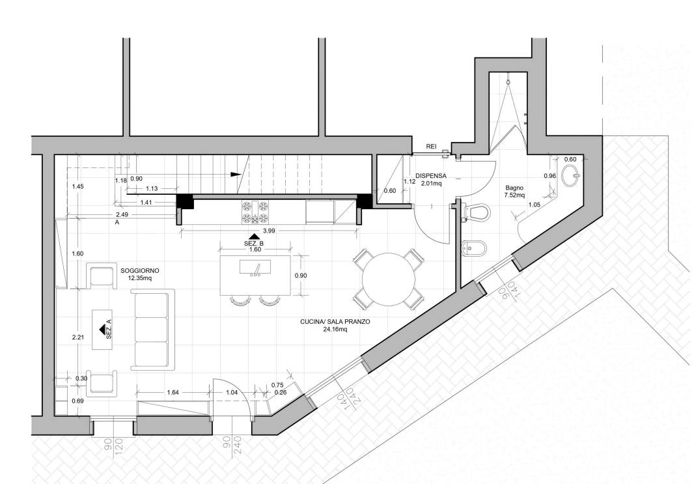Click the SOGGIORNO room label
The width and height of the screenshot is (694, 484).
(x=140, y=270)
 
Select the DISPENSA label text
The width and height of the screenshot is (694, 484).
(x=430, y=176)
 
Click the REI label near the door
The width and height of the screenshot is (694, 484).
(x=432, y=147)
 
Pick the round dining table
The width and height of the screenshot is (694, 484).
(x=389, y=279)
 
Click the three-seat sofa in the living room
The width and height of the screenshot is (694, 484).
(x=152, y=330)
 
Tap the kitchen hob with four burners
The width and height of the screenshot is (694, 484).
(x=255, y=212)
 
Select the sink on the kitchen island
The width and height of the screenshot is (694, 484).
(x=255, y=268)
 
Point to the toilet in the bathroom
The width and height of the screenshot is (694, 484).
(x=477, y=212)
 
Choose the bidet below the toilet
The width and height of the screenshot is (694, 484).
(x=474, y=249)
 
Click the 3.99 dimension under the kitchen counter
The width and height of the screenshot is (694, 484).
(x=270, y=231)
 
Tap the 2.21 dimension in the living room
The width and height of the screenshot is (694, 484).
(x=78, y=337)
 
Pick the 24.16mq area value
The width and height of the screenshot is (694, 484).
(x=335, y=330)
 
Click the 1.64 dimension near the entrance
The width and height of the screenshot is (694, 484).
(x=173, y=392)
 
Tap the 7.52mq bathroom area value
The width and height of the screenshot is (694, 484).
(x=515, y=195)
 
